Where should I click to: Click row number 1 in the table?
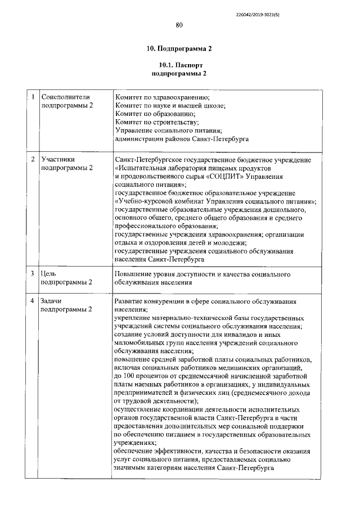[34, 97]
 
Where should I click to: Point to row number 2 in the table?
[34, 160]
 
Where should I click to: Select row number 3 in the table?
[34, 273]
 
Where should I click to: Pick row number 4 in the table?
[34, 302]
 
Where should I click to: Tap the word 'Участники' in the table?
[58, 160]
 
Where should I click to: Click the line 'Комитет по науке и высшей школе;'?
[170, 105]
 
